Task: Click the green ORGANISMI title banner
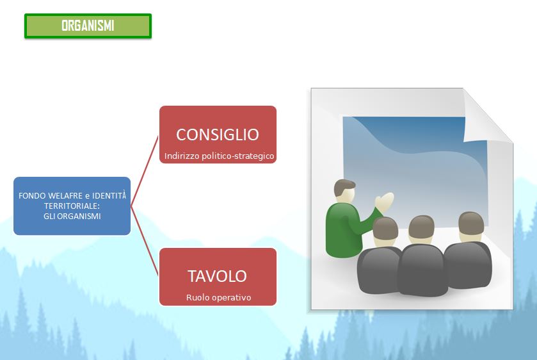[88, 26]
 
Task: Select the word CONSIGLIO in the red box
[218, 135]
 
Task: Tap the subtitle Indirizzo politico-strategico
[219, 156]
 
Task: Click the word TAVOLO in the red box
[217, 276]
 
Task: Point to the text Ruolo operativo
[218, 298]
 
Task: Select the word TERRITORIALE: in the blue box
[72, 206]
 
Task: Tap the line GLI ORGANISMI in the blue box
[72, 217]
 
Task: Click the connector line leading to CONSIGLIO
[145, 171]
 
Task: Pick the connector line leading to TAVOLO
[145, 241]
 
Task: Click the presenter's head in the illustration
[345, 192]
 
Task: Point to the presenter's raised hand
[384, 202]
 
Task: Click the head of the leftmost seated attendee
[385, 231]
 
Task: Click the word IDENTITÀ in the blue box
[109, 195]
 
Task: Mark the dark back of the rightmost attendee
[468, 265]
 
